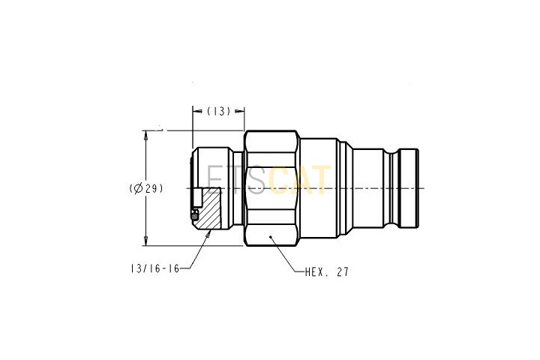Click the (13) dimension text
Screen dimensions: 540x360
tap(218, 111)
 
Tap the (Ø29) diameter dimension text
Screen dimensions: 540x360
tap(146, 188)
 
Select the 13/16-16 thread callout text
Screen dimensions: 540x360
tap(155, 268)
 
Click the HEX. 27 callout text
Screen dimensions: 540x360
tap(327, 272)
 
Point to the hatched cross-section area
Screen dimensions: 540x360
tap(210, 208)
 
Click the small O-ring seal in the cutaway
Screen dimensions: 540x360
tap(194, 216)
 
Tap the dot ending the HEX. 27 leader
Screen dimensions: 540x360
tap(271, 237)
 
